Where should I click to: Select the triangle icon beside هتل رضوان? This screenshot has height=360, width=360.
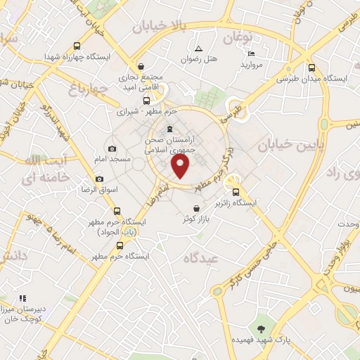(198, 49)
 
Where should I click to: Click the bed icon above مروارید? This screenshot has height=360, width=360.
(252, 53)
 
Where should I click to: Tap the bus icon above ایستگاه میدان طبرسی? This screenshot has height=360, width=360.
(311, 68)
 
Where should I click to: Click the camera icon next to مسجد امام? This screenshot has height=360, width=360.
(112, 149)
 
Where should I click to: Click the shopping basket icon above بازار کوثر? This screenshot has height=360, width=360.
(198, 208)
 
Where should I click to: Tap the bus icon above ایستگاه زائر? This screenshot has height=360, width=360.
(236, 191)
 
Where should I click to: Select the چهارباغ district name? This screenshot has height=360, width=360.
(91, 89)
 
